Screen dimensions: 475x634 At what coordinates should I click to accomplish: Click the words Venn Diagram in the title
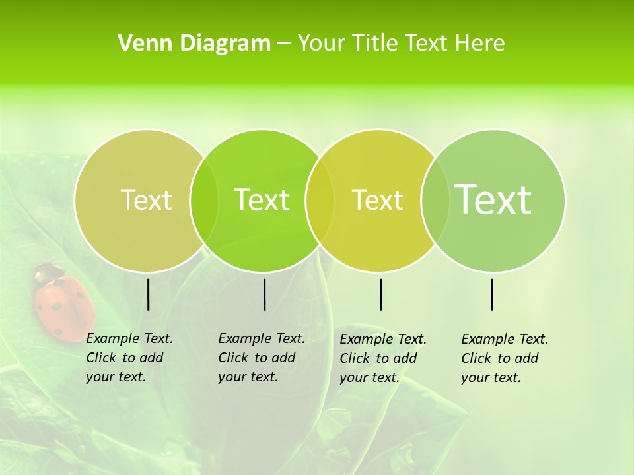pos(194,44)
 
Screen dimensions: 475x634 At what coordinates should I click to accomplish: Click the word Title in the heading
pos(372,44)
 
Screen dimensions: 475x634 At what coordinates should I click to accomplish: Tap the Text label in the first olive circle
pos(146,200)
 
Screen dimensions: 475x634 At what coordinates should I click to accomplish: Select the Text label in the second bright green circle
pos(262,200)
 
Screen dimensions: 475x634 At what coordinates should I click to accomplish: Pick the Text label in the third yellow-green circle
pos(377,200)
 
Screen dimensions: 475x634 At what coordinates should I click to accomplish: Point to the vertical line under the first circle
pos(149,294)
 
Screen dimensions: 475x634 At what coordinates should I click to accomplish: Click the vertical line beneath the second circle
pos(264,294)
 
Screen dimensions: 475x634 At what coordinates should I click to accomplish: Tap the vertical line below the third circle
pos(380,294)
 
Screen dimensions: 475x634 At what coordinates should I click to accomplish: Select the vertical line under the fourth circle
pos(492,294)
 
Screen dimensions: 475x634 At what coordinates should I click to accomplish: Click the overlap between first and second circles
pos(204,200)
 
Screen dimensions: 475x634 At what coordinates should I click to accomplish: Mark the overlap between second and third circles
pos(320,200)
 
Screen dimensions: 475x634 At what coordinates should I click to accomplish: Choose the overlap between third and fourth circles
pos(435,200)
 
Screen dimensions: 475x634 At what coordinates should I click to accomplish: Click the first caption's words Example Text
pos(129,338)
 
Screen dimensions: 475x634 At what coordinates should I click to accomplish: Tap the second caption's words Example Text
pos(262,338)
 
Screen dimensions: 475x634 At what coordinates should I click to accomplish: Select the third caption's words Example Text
pos(383,339)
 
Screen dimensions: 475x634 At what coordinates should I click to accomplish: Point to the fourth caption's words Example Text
pos(505,339)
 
